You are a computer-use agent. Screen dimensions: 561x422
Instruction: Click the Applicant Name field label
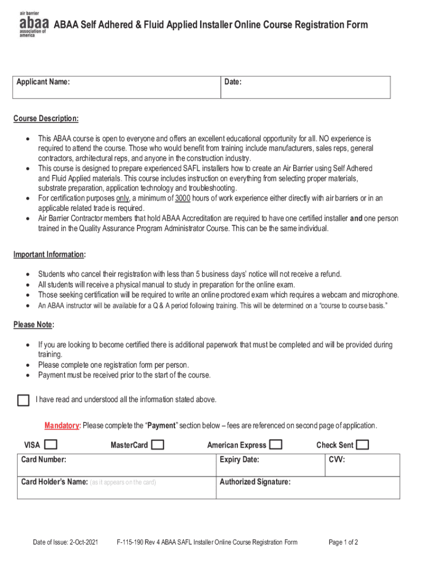click(x=43, y=82)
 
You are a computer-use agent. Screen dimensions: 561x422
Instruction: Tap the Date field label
click(x=233, y=82)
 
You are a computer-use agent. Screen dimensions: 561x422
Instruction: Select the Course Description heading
click(x=46, y=119)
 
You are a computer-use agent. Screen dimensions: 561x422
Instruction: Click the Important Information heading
click(x=49, y=254)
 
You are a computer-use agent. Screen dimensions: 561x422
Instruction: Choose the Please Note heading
click(x=33, y=325)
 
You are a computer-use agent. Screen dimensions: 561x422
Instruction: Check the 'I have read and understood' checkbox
click(x=23, y=400)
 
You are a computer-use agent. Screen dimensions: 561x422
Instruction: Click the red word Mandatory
click(x=62, y=426)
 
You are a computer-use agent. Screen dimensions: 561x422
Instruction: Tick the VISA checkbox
click(x=52, y=444)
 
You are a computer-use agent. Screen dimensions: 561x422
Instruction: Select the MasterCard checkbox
click(x=157, y=445)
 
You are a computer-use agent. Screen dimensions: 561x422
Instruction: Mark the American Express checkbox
click(x=276, y=444)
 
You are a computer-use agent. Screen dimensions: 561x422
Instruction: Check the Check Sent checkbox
click(x=363, y=444)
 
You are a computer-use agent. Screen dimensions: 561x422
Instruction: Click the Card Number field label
click(x=44, y=459)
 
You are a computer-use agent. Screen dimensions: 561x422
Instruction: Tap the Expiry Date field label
click(x=239, y=459)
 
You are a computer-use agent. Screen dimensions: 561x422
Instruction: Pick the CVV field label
click(x=337, y=459)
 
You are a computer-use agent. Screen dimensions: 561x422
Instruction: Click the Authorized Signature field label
click(x=255, y=482)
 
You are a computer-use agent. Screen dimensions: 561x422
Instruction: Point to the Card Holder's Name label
click(x=54, y=482)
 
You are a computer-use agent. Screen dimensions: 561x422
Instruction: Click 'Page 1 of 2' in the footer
click(x=343, y=542)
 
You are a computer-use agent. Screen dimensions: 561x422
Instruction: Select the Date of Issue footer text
click(x=65, y=542)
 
